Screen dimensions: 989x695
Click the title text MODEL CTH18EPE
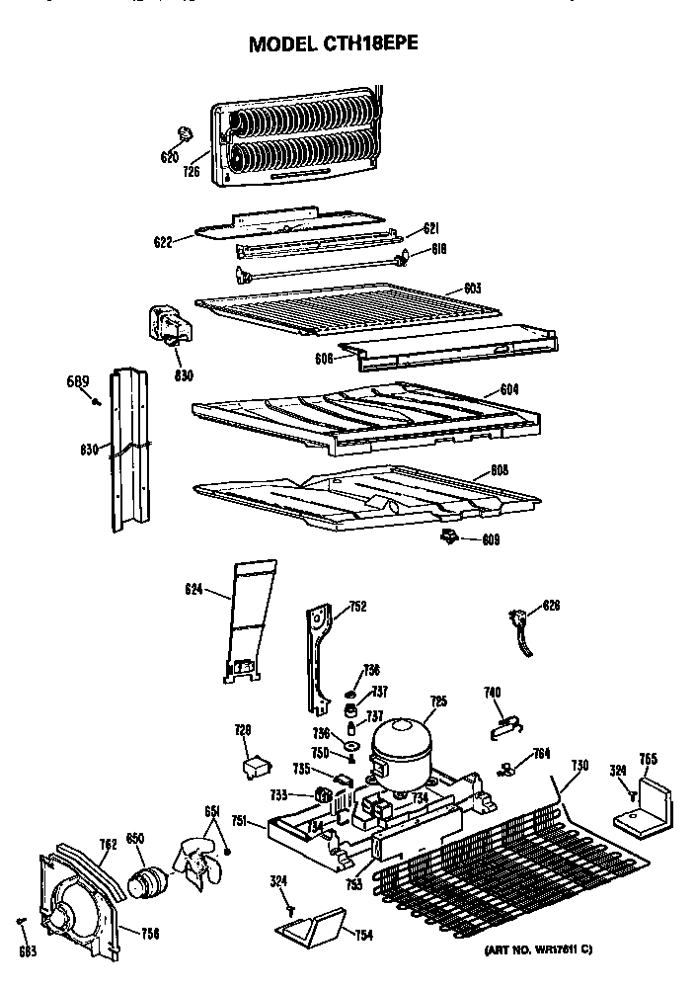(339, 44)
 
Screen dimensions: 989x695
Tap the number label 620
(169, 157)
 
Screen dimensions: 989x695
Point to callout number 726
(191, 171)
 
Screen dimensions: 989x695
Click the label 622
(164, 241)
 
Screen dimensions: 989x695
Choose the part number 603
(472, 288)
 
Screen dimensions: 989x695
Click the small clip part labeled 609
(450, 536)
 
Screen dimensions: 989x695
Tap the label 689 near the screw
(78, 382)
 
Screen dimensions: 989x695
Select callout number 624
(193, 590)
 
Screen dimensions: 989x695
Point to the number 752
(357, 608)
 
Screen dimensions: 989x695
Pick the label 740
(492, 693)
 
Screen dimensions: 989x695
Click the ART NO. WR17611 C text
(538, 950)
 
